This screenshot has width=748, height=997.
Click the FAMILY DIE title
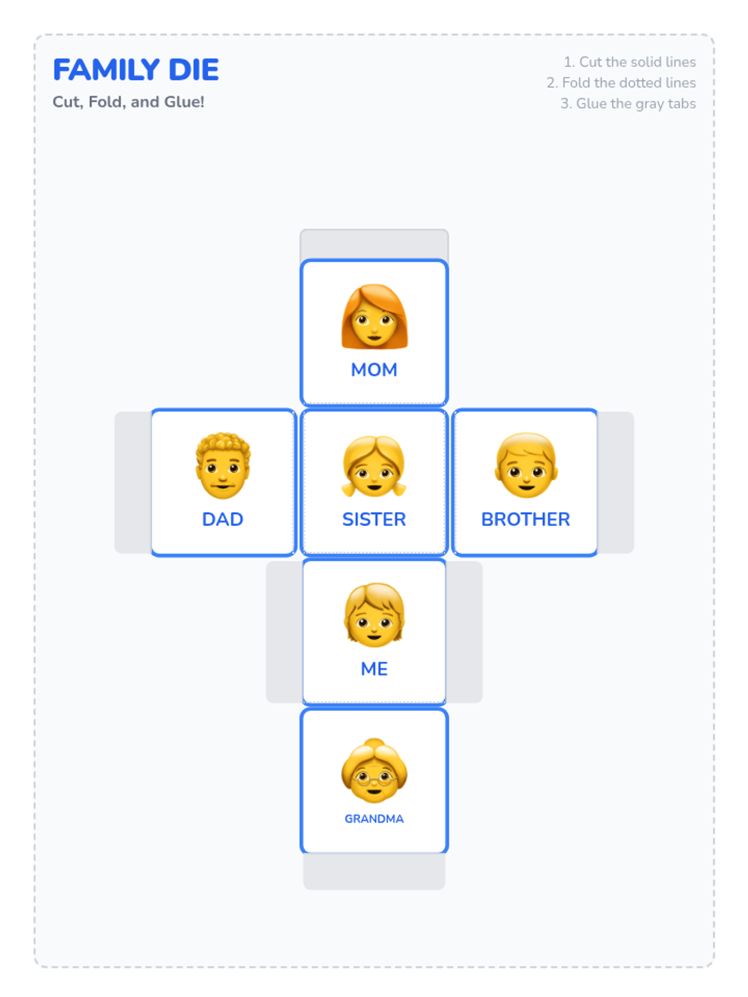click(136, 70)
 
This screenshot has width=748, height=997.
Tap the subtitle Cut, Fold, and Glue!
click(128, 102)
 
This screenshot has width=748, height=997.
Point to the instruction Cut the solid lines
click(630, 62)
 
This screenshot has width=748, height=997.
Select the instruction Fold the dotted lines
click(621, 82)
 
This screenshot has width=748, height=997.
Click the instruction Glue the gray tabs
click(628, 103)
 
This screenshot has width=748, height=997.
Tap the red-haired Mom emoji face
click(374, 317)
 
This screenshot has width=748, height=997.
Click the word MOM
click(374, 370)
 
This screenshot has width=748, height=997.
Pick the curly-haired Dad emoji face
click(223, 465)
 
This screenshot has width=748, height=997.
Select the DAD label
click(223, 519)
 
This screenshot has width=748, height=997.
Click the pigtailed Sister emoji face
click(374, 466)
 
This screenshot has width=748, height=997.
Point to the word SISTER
click(374, 519)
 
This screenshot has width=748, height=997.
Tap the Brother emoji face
click(526, 465)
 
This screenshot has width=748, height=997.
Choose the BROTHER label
click(525, 519)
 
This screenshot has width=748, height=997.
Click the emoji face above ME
click(374, 615)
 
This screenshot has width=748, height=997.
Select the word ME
click(374, 669)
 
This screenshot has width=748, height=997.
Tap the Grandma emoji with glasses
click(374, 771)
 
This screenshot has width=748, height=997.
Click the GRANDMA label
click(374, 819)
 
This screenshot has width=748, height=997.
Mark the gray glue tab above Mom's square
click(374, 244)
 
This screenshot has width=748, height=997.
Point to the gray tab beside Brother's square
click(616, 482)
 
